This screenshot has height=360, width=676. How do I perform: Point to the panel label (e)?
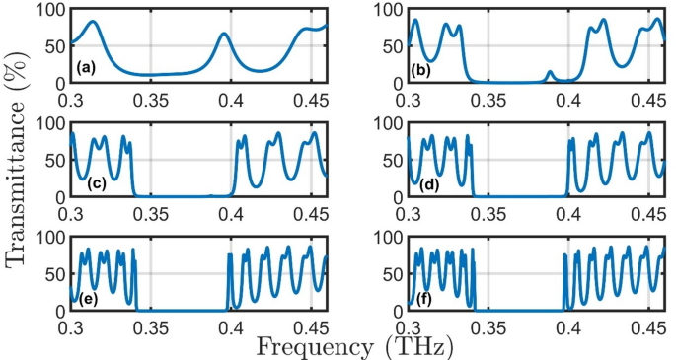click(x=88, y=299)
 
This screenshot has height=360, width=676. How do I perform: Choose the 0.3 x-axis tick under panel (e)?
click(x=71, y=326)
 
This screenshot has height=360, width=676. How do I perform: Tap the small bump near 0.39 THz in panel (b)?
click(x=551, y=73)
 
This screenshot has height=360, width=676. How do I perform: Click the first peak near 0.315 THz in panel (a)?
click(x=93, y=22)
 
